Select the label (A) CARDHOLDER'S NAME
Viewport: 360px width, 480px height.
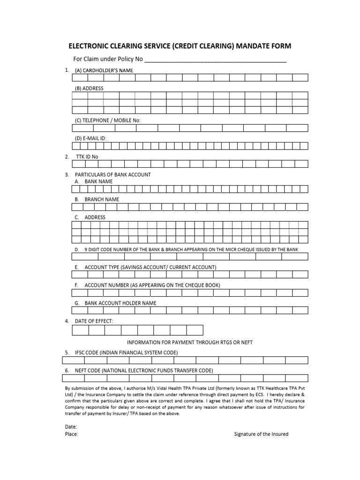tap(104, 70)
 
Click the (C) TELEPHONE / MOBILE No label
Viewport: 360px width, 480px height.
tap(108, 120)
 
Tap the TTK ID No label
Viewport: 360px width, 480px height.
tap(87, 157)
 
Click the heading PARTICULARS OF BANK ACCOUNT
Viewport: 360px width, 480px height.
tap(113, 175)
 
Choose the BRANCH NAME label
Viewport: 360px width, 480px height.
tap(102, 199)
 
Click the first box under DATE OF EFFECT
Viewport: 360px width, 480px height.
tap(81, 330)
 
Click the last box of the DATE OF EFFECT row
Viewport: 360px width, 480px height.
tap(195, 330)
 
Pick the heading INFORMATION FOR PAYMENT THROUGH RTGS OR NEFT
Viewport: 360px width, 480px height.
tap(190, 343)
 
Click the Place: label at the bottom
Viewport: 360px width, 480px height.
tap(71, 435)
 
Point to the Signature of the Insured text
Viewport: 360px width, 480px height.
tap(261, 434)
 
